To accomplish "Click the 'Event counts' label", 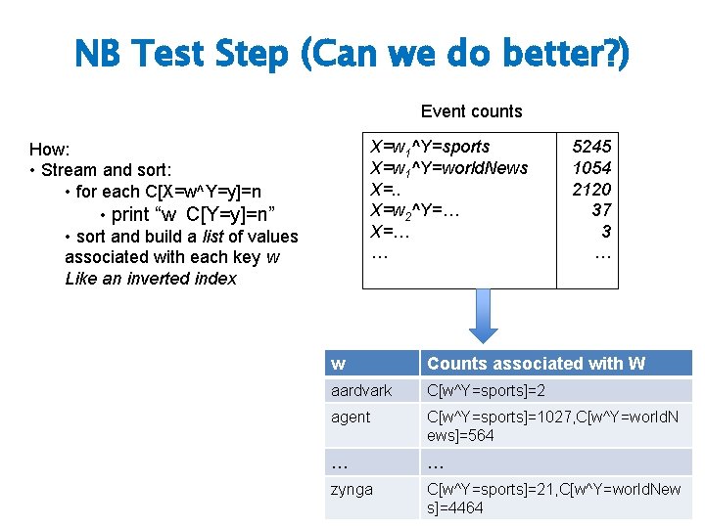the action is coord(471,111).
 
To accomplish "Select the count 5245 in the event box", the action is coord(591,147).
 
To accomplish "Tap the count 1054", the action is coord(591,167).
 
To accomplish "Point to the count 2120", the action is coord(591,189).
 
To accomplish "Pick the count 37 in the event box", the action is coord(601,210).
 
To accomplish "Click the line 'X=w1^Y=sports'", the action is coord(430,147).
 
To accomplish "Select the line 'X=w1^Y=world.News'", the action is coord(449,167).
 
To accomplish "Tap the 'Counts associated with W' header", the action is coord(536,364).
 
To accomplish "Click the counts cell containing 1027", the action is coord(555,426).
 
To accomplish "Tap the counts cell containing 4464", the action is coord(555,498).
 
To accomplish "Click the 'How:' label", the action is coord(49,150).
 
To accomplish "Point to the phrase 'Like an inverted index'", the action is coord(151,279).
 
